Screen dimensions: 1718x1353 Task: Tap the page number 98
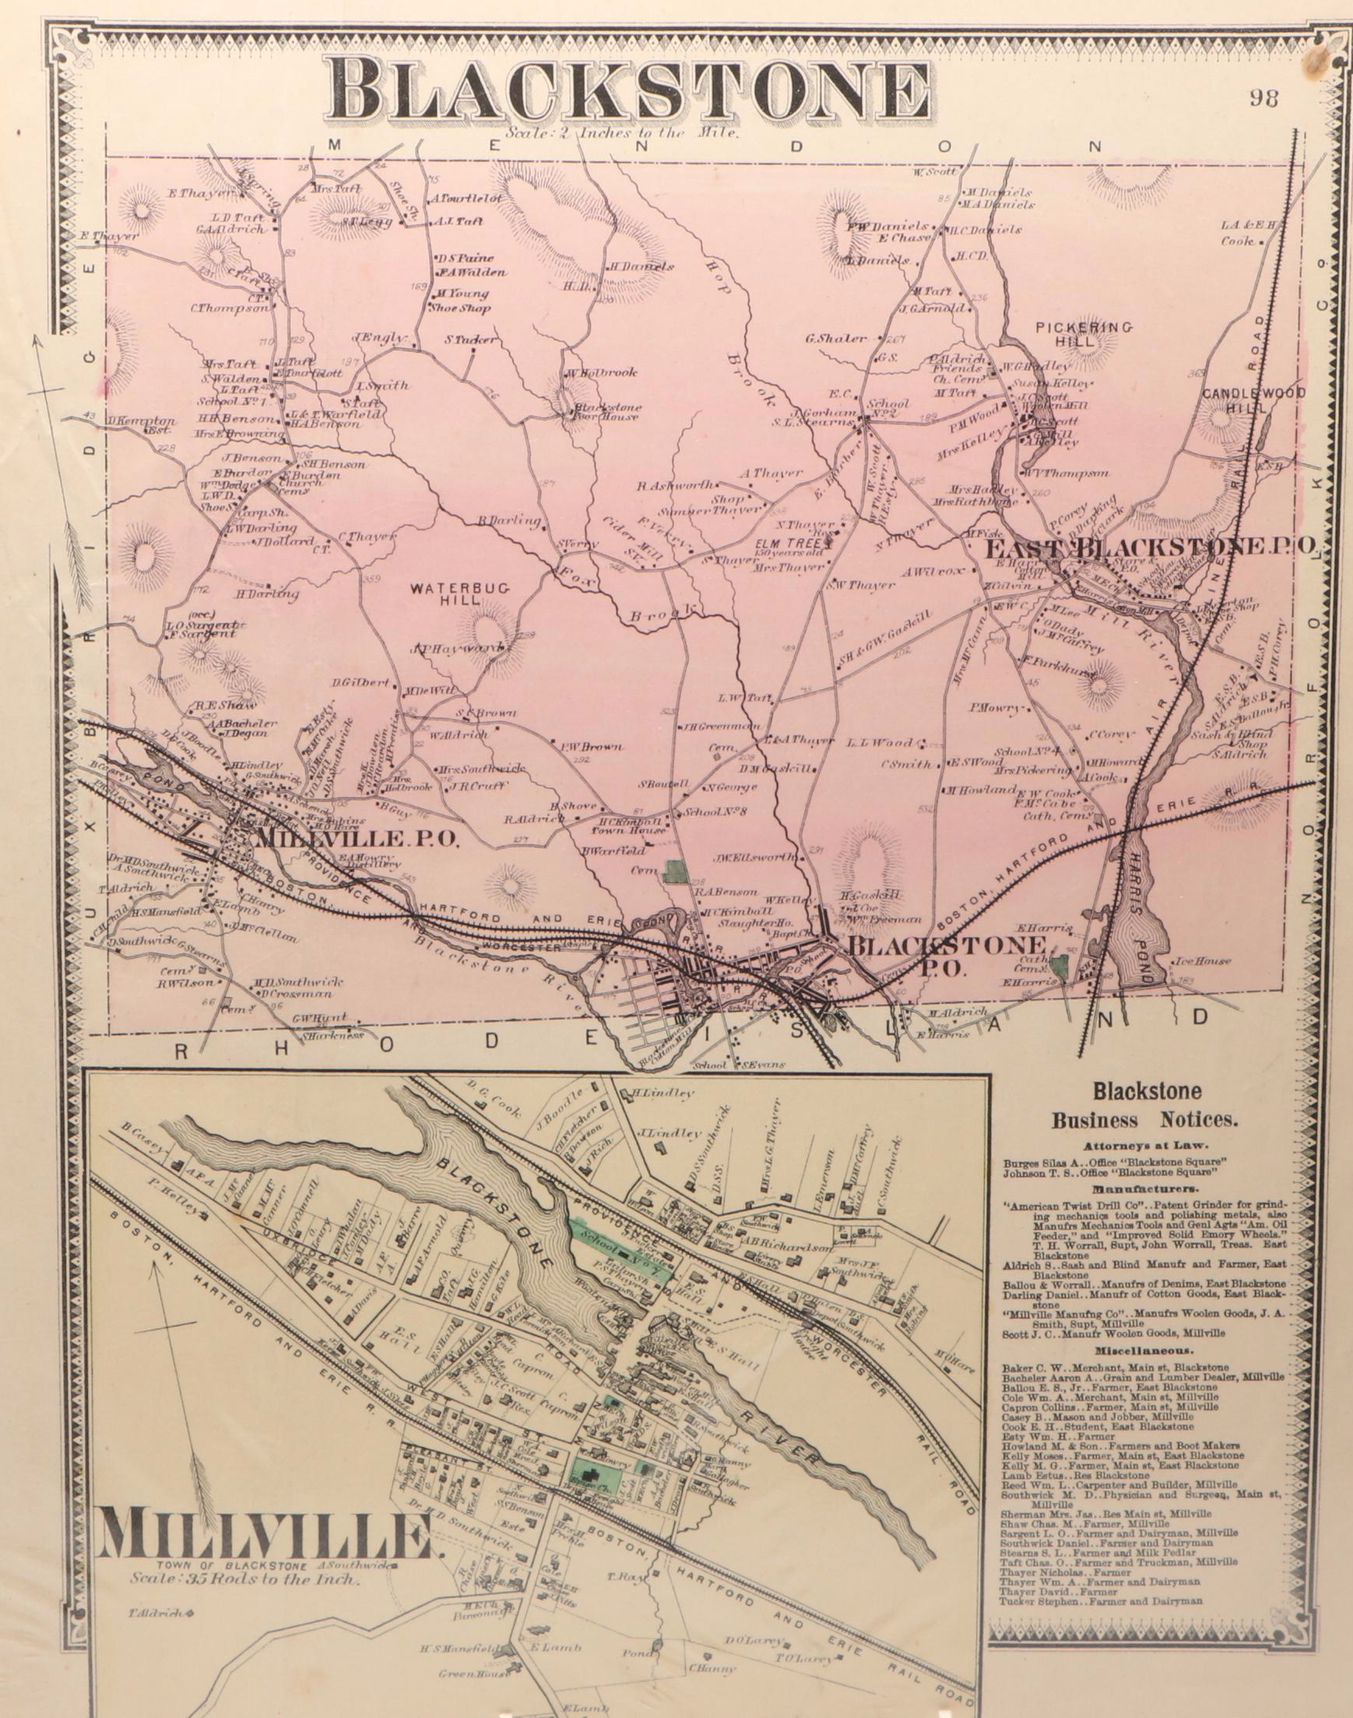1266,98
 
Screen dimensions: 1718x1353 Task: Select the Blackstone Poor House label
608,411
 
